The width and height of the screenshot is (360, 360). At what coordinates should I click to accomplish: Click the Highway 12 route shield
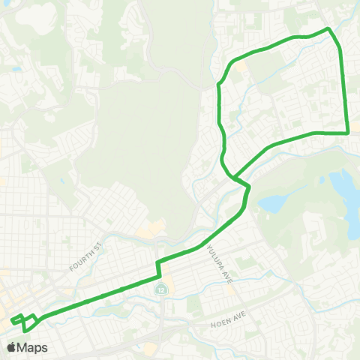(160, 289)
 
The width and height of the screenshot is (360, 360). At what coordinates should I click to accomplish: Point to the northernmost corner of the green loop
(328, 28)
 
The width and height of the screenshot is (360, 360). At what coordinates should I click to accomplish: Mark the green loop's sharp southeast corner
(348, 133)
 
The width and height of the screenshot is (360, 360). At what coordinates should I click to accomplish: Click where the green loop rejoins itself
(235, 178)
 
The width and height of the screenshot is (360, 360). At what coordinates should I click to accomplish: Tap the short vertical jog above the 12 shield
(157, 268)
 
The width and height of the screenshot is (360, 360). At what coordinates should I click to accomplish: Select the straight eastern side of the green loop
(344, 90)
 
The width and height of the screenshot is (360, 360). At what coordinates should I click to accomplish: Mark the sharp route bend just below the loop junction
(248, 187)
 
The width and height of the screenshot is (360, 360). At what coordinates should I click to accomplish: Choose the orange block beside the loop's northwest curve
(241, 67)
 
